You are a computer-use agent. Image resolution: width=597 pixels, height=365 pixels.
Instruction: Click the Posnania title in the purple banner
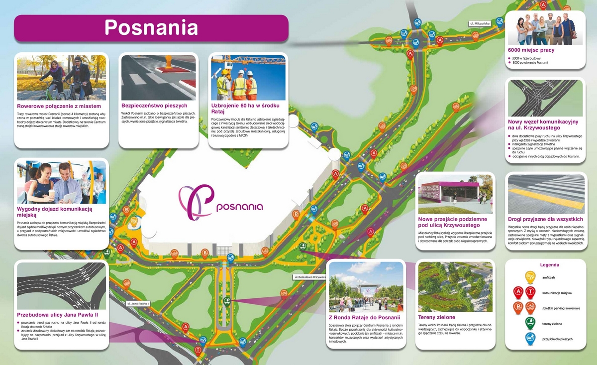point(151,27)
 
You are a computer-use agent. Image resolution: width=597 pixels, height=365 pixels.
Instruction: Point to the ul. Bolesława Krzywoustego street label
point(310,276)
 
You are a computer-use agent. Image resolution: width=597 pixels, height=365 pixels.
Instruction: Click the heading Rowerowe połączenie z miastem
point(59,107)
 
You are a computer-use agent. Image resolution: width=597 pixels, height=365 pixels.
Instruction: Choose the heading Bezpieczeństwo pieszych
point(154,106)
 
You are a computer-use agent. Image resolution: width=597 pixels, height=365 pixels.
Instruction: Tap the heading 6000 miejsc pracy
point(531,50)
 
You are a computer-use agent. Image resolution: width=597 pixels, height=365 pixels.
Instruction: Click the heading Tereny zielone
point(437,317)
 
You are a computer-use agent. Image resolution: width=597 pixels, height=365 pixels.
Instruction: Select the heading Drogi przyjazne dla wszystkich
point(545,219)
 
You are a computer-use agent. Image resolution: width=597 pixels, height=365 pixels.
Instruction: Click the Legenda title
point(549,265)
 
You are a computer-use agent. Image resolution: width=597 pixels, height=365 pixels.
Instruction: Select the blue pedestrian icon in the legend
point(530,339)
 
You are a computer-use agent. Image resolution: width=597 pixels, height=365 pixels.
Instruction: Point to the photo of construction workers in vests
point(248,78)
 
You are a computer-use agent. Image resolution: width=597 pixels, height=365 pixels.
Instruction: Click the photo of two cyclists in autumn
point(61,78)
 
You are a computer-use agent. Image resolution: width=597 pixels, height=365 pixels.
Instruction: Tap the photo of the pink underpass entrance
point(455,194)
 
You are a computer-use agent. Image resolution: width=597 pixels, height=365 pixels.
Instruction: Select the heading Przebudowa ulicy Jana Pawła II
point(58,315)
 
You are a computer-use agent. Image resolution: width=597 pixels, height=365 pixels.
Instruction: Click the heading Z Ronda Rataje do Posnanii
point(365,317)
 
